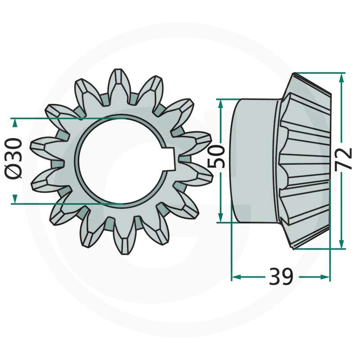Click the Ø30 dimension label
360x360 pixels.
tap(13, 158)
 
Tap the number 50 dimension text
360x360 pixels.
tap(216, 157)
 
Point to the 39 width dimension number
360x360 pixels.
tap(281, 276)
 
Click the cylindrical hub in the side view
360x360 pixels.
tap(255, 161)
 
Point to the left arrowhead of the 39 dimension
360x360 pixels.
tap(237, 277)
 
